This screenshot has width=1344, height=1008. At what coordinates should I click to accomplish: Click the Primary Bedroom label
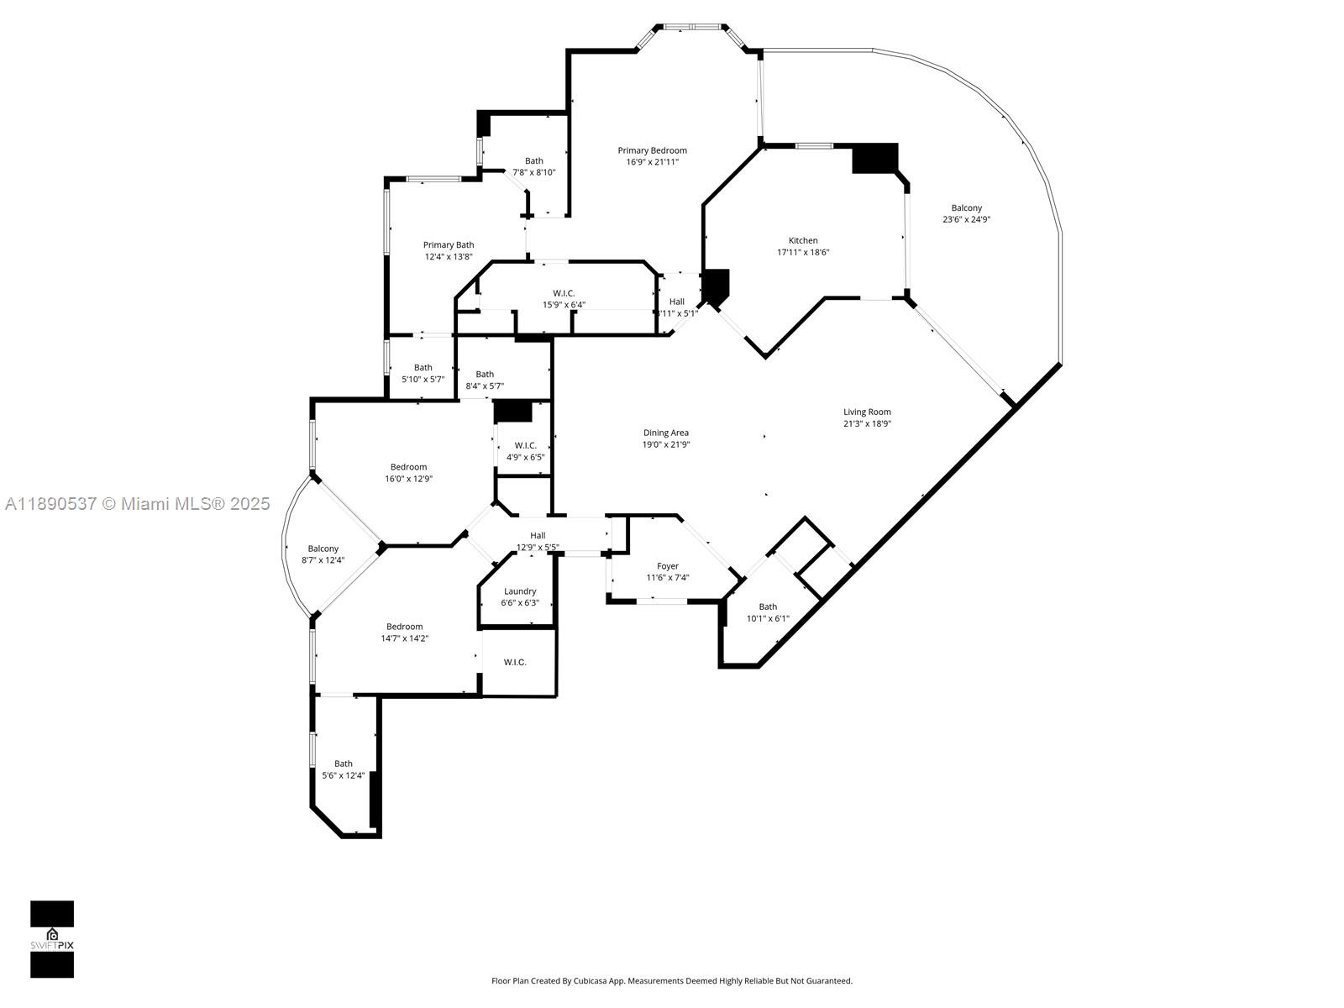[x=652, y=151]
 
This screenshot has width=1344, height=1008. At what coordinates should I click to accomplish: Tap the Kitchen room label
[x=803, y=241]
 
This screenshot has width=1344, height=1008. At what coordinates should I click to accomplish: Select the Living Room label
[x=867, y=412]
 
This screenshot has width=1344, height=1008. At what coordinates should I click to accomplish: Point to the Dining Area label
[x=666, y=433]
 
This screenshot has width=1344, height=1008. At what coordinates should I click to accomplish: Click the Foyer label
[x=668, y=566]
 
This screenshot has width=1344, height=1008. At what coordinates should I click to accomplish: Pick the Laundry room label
[x=520, y=591]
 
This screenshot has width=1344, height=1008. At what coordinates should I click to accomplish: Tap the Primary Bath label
[x=449, y=245]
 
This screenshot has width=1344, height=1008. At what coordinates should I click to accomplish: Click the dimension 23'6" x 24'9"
[x=966, y=220]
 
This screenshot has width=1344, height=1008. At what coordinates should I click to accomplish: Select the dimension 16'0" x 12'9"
[x=408, y=479]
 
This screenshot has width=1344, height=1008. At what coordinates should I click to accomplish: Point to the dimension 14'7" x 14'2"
[x=405, y=638]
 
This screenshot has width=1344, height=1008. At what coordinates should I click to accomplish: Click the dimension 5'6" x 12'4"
[x=344, y=775]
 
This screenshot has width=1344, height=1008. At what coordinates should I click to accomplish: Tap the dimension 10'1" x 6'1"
[x=768, y=618]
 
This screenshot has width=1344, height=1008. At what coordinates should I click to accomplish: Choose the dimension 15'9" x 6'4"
[x=564, y=305]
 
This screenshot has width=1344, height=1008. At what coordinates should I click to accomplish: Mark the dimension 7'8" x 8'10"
[x=534, y=172]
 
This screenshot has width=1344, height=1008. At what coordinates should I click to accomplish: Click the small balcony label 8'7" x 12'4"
[x=323, y=560]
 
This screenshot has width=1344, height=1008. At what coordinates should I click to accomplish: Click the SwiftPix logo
[x=52, y=939]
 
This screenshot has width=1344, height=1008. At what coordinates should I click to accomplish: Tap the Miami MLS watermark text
[x=138, y=504]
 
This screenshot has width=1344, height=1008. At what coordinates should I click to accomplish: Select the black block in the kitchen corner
[x=874, y=159]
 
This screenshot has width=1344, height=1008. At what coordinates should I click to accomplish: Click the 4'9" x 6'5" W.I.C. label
[x=525, y=458]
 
